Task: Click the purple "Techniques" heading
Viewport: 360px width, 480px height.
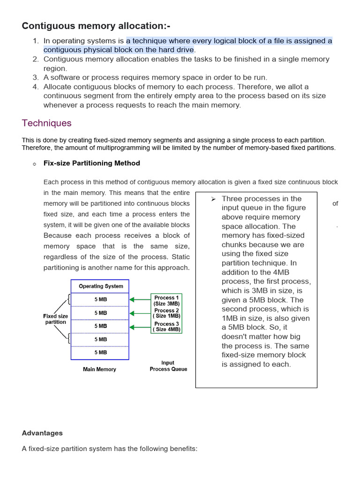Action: [x=46, y=123]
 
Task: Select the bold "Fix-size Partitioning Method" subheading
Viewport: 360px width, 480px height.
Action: [x=91, y=163]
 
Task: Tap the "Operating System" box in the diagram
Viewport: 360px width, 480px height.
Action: [x=100, y=286]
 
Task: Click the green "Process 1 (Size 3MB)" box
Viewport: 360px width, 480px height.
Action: [x=166, y=300]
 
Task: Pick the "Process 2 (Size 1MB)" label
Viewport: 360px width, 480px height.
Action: [x=166, y=313]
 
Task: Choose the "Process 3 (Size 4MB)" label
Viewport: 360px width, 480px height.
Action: [x=166, y=326]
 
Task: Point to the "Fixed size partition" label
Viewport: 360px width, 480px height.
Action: [x=55, y=319]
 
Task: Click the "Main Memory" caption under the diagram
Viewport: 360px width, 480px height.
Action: [x=99, y=369]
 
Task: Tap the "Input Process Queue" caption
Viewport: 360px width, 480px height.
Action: [x=168, y=366]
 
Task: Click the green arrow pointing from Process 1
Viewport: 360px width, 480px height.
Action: [x=140, y=299]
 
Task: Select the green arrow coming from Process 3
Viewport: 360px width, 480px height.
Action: [x=140, y=326]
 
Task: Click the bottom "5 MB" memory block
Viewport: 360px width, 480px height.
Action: [x=100, y=352]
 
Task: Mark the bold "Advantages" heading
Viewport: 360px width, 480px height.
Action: [x=42, y=433]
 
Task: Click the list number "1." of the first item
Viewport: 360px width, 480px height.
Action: [x=36, y=41]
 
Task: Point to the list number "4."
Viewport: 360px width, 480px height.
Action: [x=36, y=87]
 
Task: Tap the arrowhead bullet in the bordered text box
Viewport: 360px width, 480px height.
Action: [x=213, y=199]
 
